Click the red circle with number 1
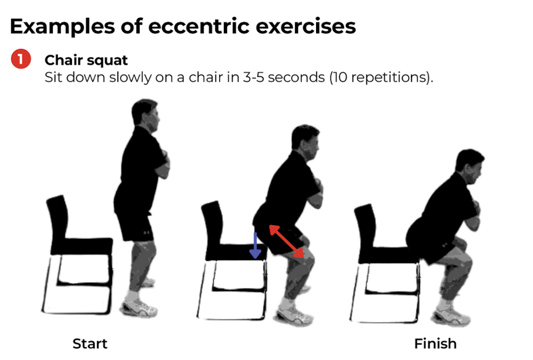pyautogui.click(x=20, y=60)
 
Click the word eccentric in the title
pyautogui.click(x=198, y=26)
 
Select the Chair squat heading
pyautogui.click(x=86, y=60)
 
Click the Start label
pyautogui.click(x=90, y=343)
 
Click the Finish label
pyautogui.click(x=435, y=343)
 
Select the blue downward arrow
pyautogui.click(x=255, y=245)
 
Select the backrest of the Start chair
pyautogui.click(x=57, y=219)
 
